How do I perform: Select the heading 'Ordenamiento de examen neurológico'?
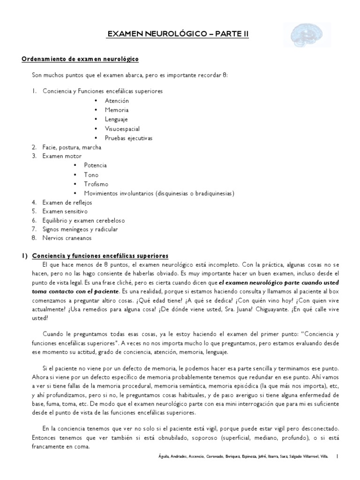[80, 60]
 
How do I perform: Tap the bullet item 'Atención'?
[117, 101]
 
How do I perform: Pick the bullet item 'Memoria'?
[117, 110]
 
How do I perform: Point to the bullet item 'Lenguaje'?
[117, 120]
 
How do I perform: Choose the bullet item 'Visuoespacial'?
[122, 129]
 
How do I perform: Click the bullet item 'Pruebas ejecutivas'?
[128, 138]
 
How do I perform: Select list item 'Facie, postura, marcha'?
[72, 147]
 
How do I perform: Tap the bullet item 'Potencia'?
[95, 165]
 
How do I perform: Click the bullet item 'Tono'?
[91, 175]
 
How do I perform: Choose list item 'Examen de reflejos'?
[67, 202]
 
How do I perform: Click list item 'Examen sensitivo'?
[65, 211]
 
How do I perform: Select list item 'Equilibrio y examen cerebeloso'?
[83, 220]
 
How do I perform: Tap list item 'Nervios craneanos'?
[67, 238]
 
